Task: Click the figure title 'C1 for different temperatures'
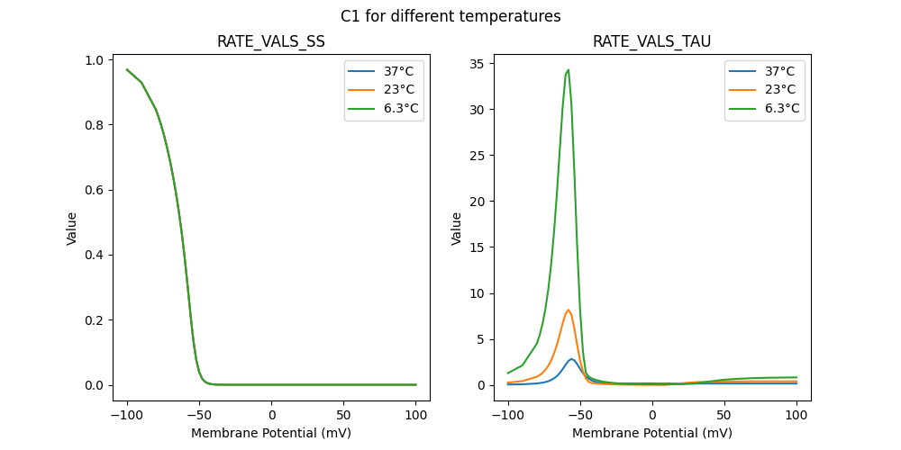pos(450,16)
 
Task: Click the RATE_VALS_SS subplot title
pos(271,41)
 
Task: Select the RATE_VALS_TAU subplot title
pos(651,41)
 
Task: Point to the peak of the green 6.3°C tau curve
pos(568,69)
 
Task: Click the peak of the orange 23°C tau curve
pos(569,310)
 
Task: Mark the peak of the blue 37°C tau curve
pos(571,359)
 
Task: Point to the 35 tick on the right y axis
pos(478,63)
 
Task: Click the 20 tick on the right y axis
pos(478,201)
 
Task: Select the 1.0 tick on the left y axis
pos(98,60)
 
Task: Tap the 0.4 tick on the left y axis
pos(98,255)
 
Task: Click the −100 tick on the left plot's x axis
pos(127,415)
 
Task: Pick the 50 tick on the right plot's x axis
pos(724,415)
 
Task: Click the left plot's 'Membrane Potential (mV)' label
pos(271,433)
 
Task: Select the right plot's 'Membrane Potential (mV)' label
pos(651,433)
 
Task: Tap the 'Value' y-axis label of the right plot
pos(457,228)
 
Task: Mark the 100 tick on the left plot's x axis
pos(416,415)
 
